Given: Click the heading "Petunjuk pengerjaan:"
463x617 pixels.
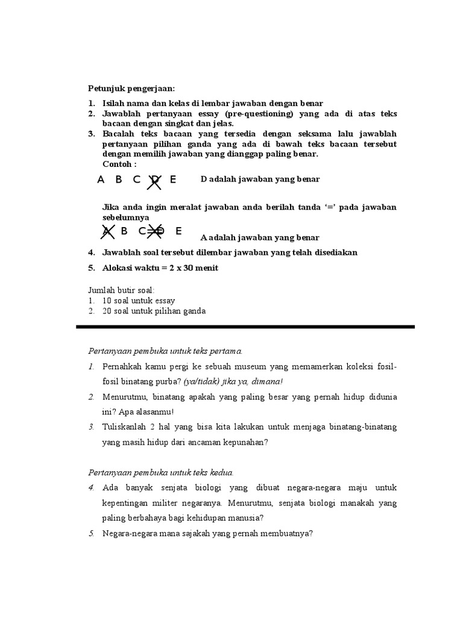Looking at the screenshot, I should [x=131, y=89].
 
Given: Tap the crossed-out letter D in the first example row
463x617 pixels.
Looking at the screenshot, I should [x=156, y=180].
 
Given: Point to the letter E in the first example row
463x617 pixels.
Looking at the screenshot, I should [x=173, y=179].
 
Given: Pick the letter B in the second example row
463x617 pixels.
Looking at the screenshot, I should [x=124, y=231].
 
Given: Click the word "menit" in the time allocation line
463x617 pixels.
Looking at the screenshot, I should [x=205, y=268].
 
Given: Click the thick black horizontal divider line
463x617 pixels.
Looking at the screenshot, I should [x=246, y=327].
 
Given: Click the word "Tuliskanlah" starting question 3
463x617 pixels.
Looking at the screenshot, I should [x=123, y=427].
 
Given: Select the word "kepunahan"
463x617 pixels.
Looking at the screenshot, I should [x=241, y=443].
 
